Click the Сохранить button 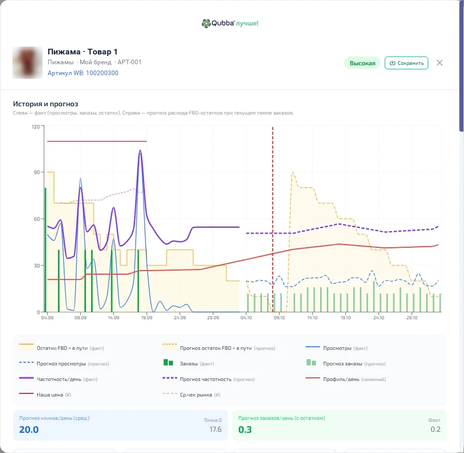(x=407, y=63)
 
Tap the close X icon (x=440, y=63)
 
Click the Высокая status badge (x=362, y=63)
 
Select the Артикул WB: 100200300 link (x=83, y=73)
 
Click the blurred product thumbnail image (x=27, y=63)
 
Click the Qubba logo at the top (x=230, y=23)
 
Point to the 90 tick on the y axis (x=37, y=172)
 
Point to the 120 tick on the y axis (x=36, y=126)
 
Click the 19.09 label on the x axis (x=147, y=318)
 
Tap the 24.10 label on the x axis (x=379, y=318)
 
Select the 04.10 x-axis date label (x=246, y=318)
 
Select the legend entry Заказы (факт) (x=189, y=363)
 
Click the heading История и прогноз (x=46, y=104)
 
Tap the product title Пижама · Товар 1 (x=82, y=52)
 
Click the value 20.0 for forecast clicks (x=29, y=430)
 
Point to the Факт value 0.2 (x=436, y=429)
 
